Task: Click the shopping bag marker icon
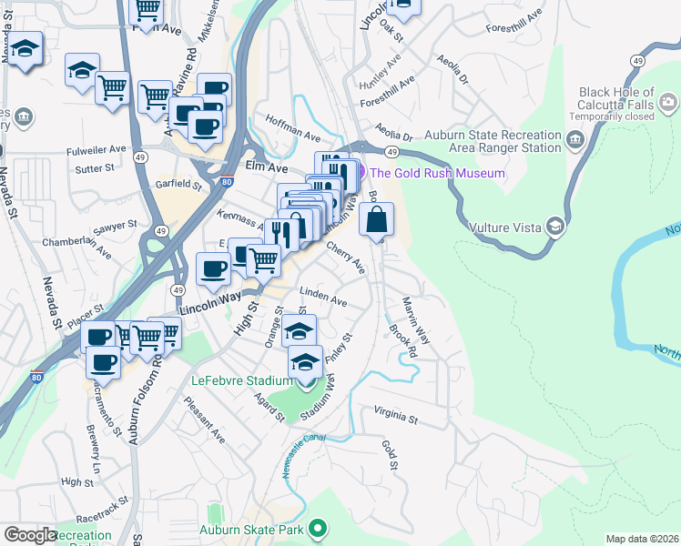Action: click(x=377, y=219)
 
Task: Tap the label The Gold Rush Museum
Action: click(x=436, y=173)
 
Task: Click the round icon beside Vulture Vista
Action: click(x=554, y=227)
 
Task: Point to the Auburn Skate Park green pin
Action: click(x=317, y=528)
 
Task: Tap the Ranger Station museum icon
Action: click(x=575, y=140)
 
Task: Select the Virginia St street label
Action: click(x=394, y=416)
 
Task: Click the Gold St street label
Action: click(x=390, y=455)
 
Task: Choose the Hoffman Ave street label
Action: click(x=292, y=127)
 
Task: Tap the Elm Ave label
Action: click(x=267, y=168)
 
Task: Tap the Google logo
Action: click(x=29, y=535)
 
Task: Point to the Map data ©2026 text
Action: click(x=642, y=539)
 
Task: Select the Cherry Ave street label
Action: click(x=345, y=258)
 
